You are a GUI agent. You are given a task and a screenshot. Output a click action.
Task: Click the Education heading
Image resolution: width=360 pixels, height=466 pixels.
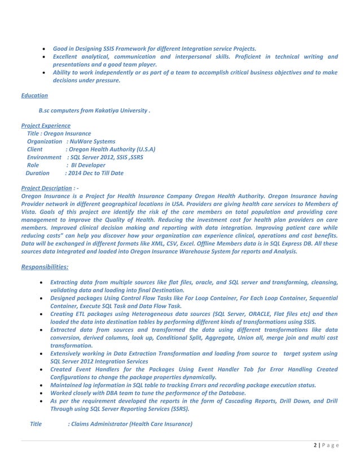click(34, 95)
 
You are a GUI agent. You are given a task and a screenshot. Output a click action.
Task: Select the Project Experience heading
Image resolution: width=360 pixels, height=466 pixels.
click(46, 125)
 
